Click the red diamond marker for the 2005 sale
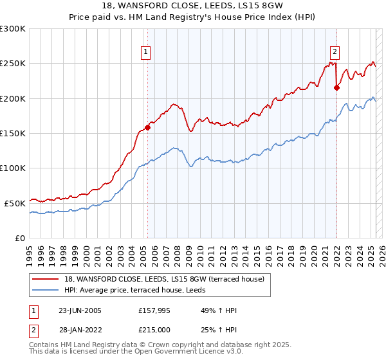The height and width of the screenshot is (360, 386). [148, 127]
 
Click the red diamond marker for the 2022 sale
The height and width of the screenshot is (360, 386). [336, 88]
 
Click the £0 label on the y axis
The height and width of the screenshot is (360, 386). [21, 238]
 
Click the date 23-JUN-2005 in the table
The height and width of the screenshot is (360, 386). [80, 310]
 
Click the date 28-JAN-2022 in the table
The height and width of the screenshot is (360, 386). [80, 330]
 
